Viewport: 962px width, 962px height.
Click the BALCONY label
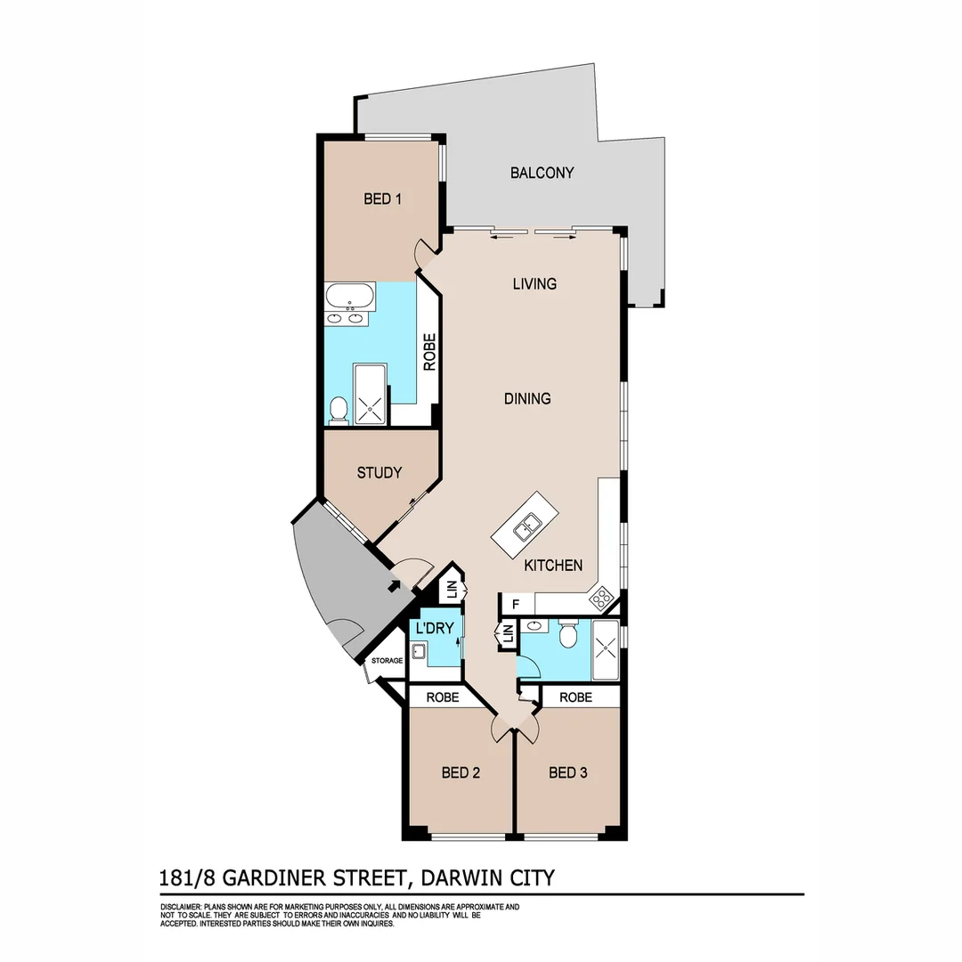tap(542, 173)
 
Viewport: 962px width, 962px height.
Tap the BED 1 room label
tap(382, 199)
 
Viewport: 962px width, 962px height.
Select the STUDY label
tap(379, 473)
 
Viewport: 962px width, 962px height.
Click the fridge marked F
tap(515, 605)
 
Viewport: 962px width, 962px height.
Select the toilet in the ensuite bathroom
tap(338, 410)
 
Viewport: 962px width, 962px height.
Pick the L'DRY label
tap(436, 629)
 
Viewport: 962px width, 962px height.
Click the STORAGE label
tap(387, 661)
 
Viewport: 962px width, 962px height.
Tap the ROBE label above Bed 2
tap(442, 697)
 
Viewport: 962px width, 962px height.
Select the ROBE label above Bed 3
tap(575, 697)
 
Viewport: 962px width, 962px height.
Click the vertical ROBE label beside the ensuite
tap(429, 352)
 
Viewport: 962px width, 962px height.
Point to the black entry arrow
tap(394, 585)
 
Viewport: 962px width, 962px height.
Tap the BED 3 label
tap(567, 772)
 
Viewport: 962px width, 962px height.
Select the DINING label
tap(527, 398)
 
